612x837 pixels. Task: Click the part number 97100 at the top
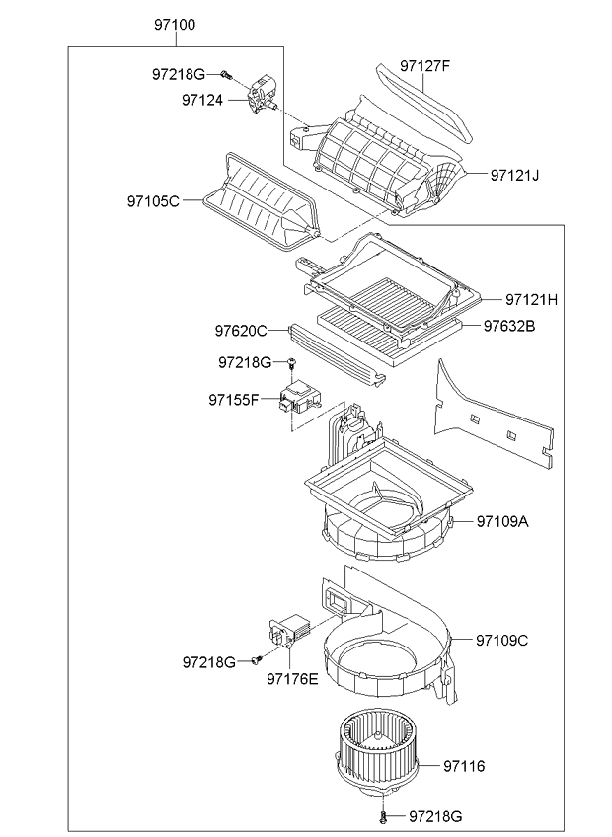[x=175, y=25]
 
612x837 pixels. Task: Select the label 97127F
[x=425, y=66]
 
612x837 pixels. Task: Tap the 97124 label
[x=202, y=100]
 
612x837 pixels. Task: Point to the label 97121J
[x=514, y=175]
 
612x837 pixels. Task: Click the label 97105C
[x=153, y=201]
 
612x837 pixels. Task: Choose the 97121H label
[x=531, y=299]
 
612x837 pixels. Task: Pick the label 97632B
[x=509, y=326]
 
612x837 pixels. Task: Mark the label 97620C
[x=241, y=331]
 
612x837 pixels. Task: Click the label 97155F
[x=234, y=400]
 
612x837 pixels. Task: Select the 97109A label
[x=502, y=521]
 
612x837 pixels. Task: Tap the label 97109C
[x=502, y=640]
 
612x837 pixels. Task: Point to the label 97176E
[x=292, y=678]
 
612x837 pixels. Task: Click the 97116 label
[x=464, y=766]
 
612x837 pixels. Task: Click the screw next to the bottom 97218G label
[x=383, y=816]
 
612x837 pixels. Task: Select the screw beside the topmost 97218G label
[x=226, y=75]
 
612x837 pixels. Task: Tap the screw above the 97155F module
[x=291, y=364]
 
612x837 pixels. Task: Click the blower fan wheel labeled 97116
[x=377, y=754]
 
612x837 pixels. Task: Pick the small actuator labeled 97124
[x=263, y=95]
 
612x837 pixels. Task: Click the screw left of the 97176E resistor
[x=257, y=660]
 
